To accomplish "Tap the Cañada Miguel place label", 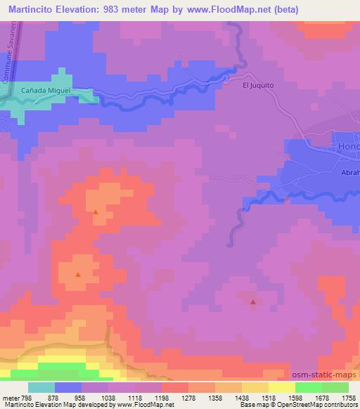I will tap(47, 91).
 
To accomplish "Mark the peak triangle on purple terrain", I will tap(253, 301).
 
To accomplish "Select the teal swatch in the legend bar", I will tap(41, 387).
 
